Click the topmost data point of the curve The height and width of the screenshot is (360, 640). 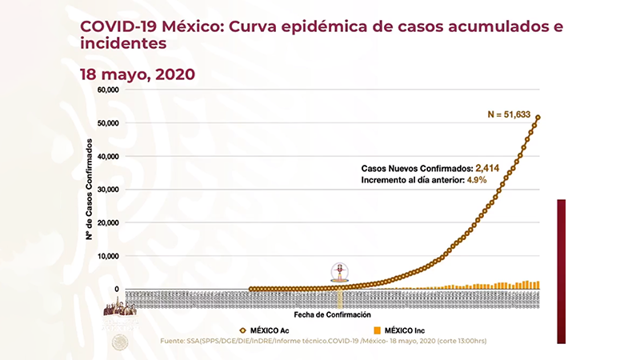538,118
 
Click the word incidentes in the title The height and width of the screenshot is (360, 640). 123,44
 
